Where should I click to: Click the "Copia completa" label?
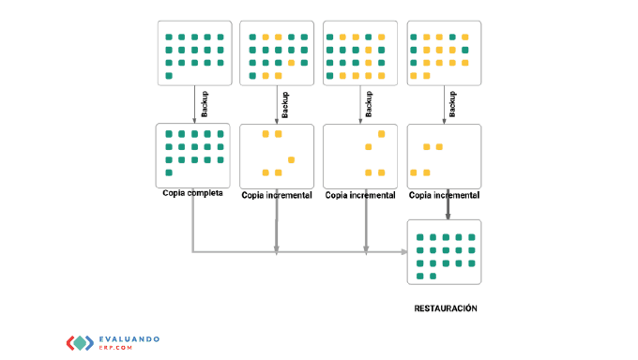tap(192, 193)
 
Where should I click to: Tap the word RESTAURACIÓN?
tap(446, 308)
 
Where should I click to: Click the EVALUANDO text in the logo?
tap(129, 338)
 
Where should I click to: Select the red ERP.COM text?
tap(115, 348)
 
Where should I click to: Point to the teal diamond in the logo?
tap(80, 343)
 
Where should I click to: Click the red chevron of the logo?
tap(70, 343)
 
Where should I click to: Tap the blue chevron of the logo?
tap(89, 343)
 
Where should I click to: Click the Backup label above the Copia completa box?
tap(205, 104)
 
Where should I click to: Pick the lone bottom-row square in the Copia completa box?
tap(169, 172)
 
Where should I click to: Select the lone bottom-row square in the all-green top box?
tap(169, 76)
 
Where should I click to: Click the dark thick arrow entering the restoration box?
tap(448, 204)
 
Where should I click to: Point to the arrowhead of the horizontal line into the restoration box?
tap(404, 252)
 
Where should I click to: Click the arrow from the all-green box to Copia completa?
tap(194, 104)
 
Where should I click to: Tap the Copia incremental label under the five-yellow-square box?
tap(277, 195)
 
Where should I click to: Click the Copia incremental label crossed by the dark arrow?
tap(444, 195)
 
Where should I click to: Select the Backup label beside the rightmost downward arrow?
tap(452, 104)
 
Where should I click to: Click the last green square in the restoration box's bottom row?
tap(433, 277)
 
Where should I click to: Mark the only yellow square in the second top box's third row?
tap(291, 63)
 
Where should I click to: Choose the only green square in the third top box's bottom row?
tap(329, 76)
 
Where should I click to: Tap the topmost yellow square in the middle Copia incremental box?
tap(381, 134)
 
